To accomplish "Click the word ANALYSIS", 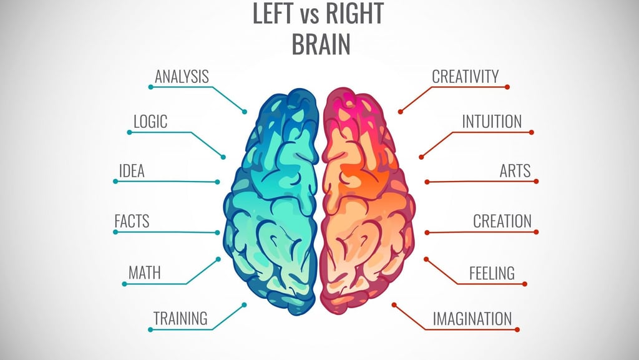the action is [x=182, y=77].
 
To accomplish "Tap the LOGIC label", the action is [x=151, y=121].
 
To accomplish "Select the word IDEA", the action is [x=132, y=171].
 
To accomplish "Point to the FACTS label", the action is [x=132, y=221].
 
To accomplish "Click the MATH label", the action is [x=144, y=273].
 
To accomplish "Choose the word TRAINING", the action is [x=180, y=318].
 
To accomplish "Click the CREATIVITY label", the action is [x=466, y=77].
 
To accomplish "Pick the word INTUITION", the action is [x=492, y=121].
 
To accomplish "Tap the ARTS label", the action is [x=515, y=171].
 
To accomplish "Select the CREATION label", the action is [x=502, y=221].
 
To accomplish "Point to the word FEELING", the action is [x=492, y=273].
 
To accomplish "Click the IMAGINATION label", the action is [x=472, y=318].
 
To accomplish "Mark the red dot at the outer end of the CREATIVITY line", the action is [x=507, y=87].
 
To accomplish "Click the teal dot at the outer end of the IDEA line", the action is [x=115, y=181].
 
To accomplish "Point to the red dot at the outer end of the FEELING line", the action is [x=525, y=284].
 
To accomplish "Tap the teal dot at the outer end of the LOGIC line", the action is [x=129, y=132].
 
